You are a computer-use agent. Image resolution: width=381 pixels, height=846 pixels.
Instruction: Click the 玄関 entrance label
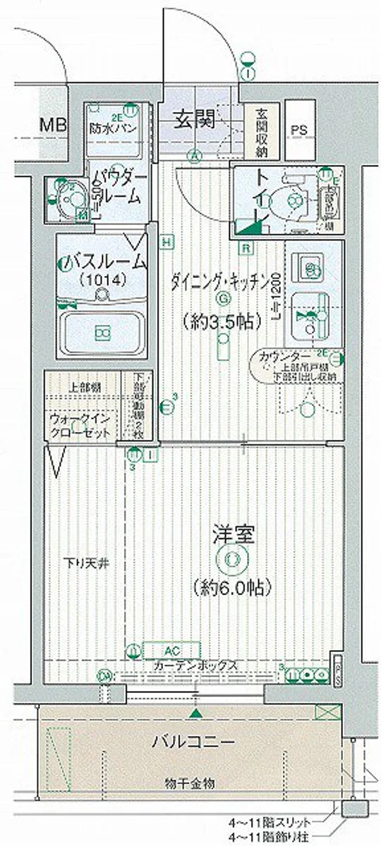195,120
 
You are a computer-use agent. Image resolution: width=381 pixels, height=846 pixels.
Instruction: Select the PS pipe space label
299,130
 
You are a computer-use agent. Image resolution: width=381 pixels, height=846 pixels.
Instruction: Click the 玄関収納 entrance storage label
262,132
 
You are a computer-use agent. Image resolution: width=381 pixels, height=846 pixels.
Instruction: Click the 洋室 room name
231,534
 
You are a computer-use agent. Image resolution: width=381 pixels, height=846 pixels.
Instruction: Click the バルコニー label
193,741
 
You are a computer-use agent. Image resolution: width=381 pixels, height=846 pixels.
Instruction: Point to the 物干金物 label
190,783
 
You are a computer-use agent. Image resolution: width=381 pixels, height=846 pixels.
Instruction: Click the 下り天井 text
83,564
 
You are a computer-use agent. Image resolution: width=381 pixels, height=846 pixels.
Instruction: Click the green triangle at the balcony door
195,716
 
